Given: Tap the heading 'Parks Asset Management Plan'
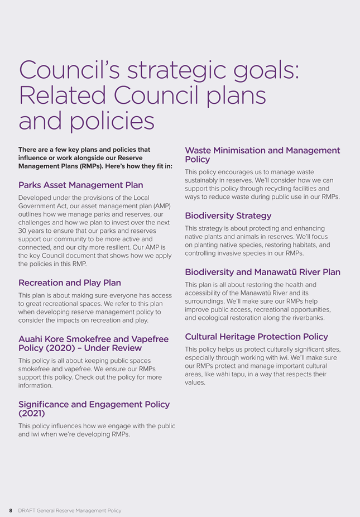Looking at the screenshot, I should click(x=80, y=185).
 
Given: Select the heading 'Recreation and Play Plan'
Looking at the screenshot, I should click(x=70, y=283).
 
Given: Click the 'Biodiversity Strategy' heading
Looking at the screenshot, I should click(x=228, y=216).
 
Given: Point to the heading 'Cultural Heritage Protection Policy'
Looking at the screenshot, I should click(x=256, y=337).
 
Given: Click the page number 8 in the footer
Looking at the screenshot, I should click(x=11, y=510).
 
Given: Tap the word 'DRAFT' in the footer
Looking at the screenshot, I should click(x=26, y=510).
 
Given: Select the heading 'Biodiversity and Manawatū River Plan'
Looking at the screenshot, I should click(x=262, y=272).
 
